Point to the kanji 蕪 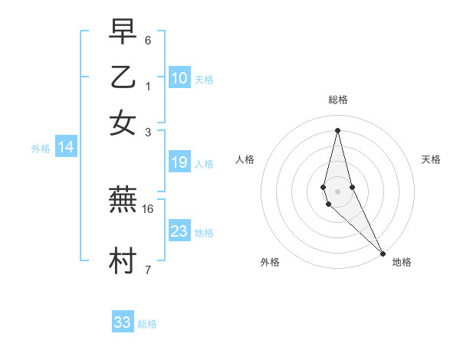point(123,200)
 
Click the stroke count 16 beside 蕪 point(148,208)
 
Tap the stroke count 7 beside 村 point(148,270)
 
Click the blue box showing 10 point(179,77)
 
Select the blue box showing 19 point(179,162)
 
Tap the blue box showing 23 point(179,231)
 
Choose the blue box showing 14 point(66,148)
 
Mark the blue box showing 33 point(123,322)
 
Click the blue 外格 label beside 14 point(41,149)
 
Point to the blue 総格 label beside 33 point(147,324)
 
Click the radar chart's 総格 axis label point(337,100)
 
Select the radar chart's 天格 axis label point(431,159)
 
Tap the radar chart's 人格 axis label point(245,159)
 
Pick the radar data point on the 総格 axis point(337,130)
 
